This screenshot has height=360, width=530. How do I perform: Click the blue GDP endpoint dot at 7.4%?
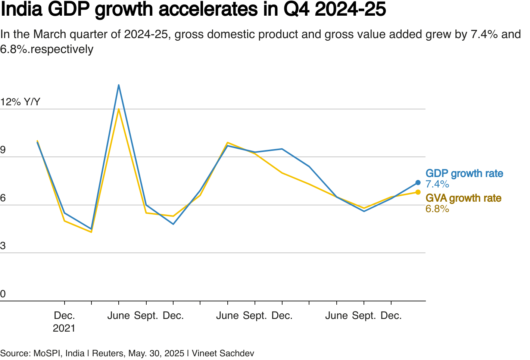(x=418, y=183)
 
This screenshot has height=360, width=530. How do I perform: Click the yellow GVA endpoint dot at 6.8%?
(x=418, y=192)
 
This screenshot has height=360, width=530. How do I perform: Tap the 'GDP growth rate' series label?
(x=464, y=174)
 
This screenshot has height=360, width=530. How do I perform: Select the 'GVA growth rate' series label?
(x=464, y=198)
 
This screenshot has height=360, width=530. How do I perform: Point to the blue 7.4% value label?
(x=437, y=184)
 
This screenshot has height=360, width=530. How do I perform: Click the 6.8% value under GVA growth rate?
(x=437, y=209)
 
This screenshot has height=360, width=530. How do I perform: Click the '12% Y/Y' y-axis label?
(x=20, y=102)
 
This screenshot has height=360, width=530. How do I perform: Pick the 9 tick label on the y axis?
(x=3, y=150)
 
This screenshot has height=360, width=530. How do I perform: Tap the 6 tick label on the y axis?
(x=3, y=198)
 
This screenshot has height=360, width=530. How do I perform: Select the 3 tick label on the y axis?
(x=3, y=246)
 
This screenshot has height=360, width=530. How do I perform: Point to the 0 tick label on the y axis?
(x=3, y=294)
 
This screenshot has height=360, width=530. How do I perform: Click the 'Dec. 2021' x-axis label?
(x=64, y=322)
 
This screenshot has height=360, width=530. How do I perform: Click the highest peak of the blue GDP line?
(x=119, y=85)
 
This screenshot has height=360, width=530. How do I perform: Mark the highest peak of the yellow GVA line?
(x=119, y=109)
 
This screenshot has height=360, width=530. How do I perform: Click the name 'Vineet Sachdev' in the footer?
(x=223, y=353)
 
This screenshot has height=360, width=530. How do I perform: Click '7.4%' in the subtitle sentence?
(x=484, y=34)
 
